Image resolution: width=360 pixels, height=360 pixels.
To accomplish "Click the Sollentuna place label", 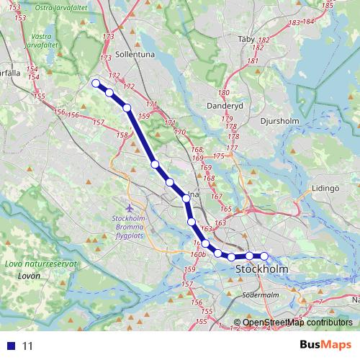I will click(x=130, y=54).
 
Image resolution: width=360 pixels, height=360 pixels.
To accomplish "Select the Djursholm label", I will click(x=279, y=121).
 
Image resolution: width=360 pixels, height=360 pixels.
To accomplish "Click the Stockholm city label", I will click(x=262, y=269).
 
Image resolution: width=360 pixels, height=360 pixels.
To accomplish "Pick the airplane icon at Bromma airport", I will click(x=130, y=208).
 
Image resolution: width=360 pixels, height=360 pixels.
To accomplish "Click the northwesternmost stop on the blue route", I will click(x=95, y=83).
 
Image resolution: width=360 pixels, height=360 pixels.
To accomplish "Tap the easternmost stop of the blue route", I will click(x=264, y=256).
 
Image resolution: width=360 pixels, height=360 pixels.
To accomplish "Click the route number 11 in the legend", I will click(x=28, y=346).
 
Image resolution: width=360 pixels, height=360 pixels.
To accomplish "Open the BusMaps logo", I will click(x=325, y=345).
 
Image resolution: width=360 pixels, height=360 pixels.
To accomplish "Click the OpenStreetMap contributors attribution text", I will click(x=297, y=323).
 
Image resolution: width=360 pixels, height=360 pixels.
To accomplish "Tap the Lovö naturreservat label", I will click(x=40, y=264).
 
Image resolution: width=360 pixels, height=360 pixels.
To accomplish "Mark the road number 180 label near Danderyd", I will click(x=224, y=93).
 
